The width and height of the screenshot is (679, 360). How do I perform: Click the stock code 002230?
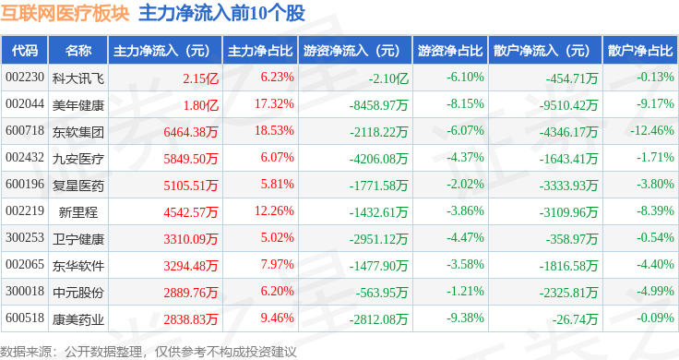(25, 78)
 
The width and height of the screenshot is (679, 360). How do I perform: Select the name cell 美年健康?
(77, 105)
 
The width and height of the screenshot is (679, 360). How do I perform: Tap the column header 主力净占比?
(260, 51)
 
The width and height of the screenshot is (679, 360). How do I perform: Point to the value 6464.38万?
(191, 132)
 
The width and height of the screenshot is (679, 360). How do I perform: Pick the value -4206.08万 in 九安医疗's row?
(378, 159)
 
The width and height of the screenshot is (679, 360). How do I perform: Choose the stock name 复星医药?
(77, 186)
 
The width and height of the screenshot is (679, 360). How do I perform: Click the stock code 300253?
(25, 237)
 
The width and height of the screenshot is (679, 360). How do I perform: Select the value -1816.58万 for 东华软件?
(568, 266)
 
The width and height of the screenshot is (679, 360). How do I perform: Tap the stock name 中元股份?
(77, 293)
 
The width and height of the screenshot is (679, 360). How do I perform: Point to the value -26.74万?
(575, 319)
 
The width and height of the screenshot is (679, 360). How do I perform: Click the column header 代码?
(25, 51)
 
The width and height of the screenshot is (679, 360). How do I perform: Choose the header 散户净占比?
(640, 51)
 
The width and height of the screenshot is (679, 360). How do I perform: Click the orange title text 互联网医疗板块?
(65, 13)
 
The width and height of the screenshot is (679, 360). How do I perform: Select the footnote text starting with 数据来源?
(149, 352)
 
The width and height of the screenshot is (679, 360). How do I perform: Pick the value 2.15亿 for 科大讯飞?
(200, 78)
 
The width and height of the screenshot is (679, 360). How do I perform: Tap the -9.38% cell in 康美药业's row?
(465, 318)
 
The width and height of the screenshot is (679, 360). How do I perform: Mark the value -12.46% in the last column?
(652, 130)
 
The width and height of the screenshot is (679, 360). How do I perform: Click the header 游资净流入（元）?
(351, 51)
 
